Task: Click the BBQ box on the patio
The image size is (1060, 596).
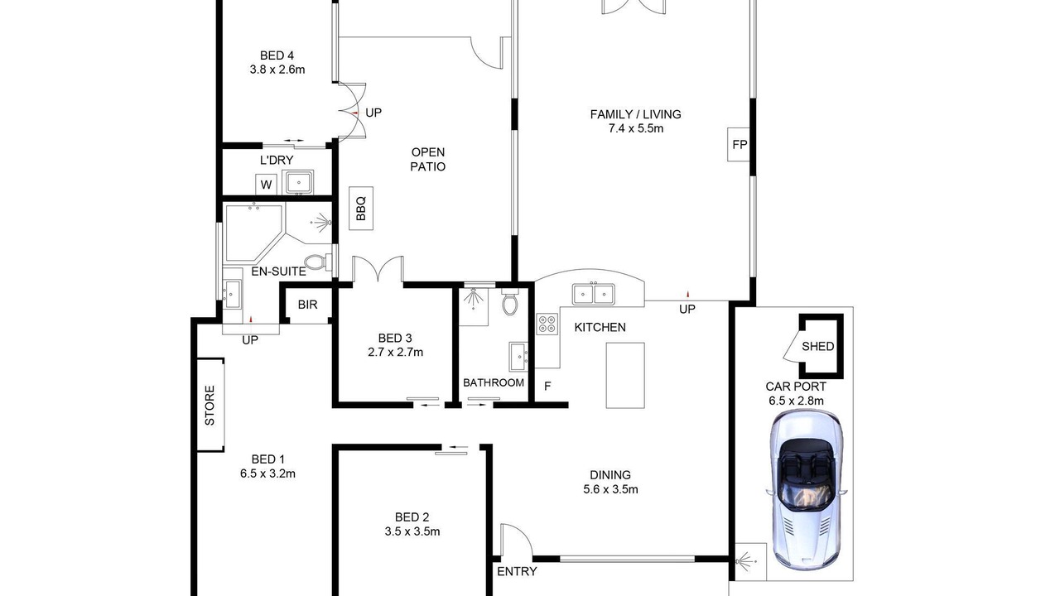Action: click(x=361, y=209)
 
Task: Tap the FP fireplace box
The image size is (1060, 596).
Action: click(x=739, y=144)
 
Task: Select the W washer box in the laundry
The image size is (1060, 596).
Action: click(x=266, y=185)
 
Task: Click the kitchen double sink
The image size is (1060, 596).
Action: click(x=594, y=294)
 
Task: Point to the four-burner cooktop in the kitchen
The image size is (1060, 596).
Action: click(x=547, y=324)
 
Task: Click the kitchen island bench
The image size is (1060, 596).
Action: click(x=625, y=375)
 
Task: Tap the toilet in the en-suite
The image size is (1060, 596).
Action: click(x=318, y=262)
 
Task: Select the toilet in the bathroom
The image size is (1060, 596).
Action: click(x=510, y=302)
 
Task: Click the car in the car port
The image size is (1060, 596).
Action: click(x=806, y=491)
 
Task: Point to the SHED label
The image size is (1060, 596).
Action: click(x=817, y=347)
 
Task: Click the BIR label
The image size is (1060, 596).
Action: click(x=307, y=305)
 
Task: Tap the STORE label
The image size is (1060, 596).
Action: click(x=210, y=406)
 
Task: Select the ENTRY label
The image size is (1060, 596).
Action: click(x=517, y=572)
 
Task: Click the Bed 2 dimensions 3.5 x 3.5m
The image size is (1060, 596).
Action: click(x=412, y=531)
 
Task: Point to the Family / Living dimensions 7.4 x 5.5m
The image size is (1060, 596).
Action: click(x=635, y=128)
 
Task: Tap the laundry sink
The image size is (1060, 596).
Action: click(x=297, y=183)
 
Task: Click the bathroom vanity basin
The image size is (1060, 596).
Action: click(x=518, y=357)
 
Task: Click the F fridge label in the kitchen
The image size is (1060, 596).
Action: click(x=547, y=387)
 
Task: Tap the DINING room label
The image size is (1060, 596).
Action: click(x=610, y=475)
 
